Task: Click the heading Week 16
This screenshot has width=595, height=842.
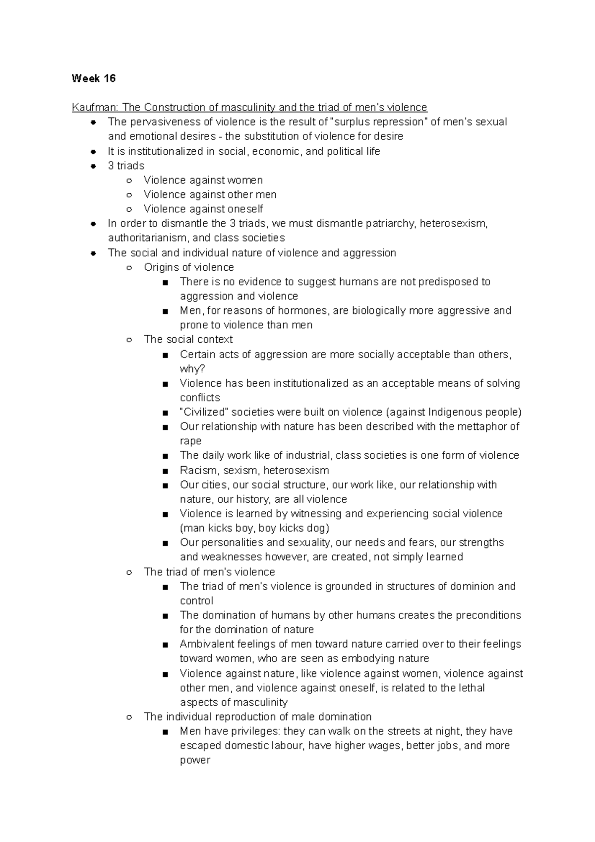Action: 93,78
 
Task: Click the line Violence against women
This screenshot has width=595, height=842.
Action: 203,180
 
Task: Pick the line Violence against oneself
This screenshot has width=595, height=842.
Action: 203,209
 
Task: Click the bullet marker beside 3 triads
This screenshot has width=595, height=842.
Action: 93,166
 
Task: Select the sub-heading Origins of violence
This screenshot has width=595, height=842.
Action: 188,267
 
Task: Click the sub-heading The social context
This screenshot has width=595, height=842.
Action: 188,340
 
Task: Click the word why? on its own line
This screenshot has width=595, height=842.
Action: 192,369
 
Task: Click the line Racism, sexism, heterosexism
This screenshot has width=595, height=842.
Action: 254,470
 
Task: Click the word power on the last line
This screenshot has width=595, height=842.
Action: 195,760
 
